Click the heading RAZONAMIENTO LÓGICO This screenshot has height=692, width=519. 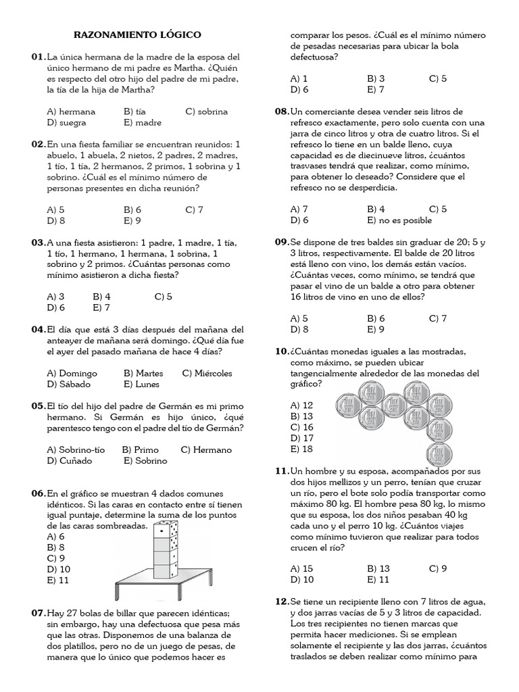[137, 34]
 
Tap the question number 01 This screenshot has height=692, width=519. [38, 57]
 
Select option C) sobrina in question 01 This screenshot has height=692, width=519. [206, 112]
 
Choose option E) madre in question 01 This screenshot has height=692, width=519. [143, 122]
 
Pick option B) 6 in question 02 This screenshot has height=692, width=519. [132, 209]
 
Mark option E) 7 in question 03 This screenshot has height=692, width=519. [101, 307]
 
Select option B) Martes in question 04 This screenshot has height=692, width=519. [143, 373]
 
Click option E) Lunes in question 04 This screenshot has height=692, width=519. [141, 384]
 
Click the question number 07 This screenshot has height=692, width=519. [38, 613]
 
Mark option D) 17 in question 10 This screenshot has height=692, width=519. [301, 438]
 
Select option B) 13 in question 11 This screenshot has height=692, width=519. [378, 568]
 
